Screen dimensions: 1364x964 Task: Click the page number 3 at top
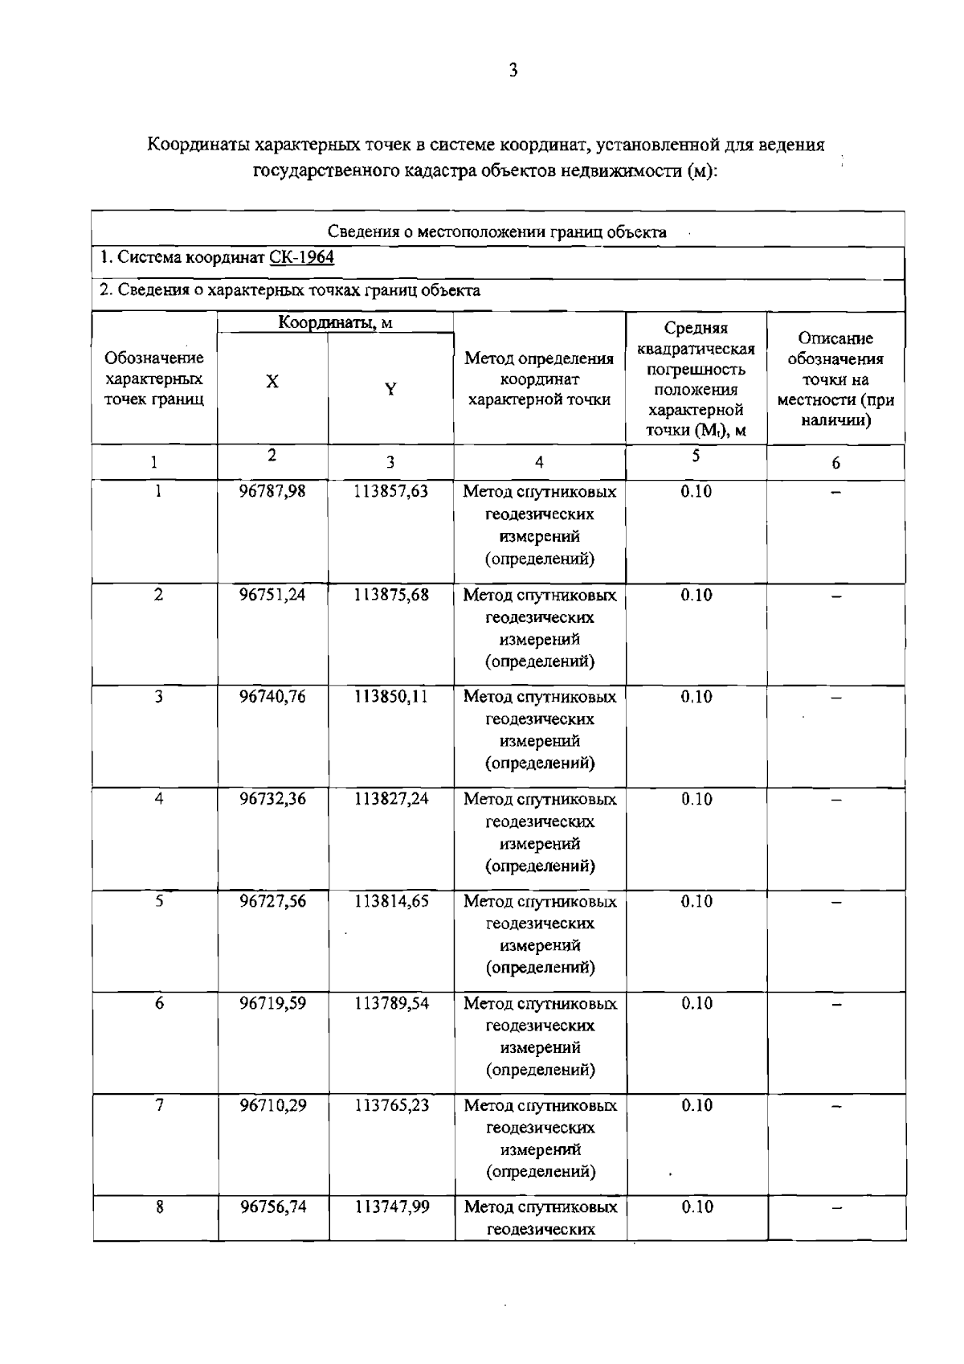click(513, 71)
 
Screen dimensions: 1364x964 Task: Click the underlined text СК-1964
click(301, 257)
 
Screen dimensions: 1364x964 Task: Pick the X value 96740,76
click(272, 697)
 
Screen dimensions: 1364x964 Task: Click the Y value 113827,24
click(391, 799)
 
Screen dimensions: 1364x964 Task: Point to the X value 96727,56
click(272, 901)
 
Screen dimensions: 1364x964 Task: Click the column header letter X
click(273, 382)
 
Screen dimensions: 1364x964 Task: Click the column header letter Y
click(390, 390)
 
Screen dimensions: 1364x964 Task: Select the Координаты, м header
click(335, 323)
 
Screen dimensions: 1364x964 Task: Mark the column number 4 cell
click(539, 462)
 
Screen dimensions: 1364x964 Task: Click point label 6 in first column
click(159, 1003)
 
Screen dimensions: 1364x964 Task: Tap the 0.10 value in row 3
click(696, 697)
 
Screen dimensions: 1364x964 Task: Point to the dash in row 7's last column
click(836, 1107)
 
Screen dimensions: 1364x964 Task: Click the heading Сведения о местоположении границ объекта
click(497, 232)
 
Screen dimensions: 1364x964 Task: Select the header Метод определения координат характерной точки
click(539, 379)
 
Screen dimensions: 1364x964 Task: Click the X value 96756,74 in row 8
click(272, 1207)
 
